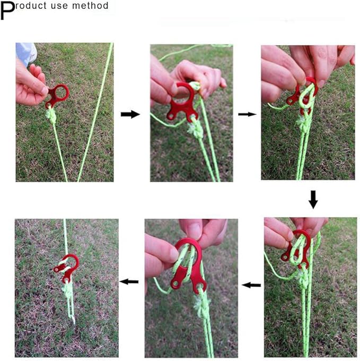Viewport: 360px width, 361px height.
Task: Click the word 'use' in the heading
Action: tap(60, 6)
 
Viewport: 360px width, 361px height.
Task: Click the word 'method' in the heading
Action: tap(90, 5)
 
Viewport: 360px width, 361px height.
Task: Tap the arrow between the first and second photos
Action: tap(130, 114)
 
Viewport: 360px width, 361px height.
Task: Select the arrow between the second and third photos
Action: tap(247, 114)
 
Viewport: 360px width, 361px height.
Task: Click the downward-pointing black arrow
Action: tap(313, 200)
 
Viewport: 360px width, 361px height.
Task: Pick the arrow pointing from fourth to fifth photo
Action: tap(251, 285)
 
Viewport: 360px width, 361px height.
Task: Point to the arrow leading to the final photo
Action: tap(129, 281)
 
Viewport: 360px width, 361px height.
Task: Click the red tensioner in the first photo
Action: tap(57, 96)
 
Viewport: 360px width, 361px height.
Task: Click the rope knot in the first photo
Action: tap(52, 115)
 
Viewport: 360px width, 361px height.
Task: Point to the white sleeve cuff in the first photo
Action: tap(27, 53)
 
